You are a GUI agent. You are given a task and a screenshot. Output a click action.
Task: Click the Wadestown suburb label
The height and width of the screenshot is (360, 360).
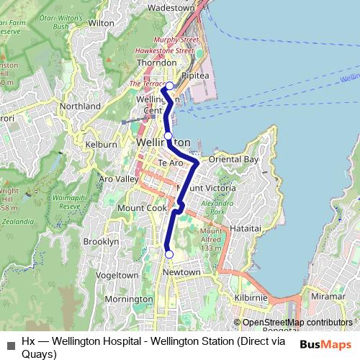pyautogui.click(x=171, y=7)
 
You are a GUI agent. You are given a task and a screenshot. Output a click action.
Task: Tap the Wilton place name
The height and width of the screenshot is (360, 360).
pyautogui.click(x=102, y=23)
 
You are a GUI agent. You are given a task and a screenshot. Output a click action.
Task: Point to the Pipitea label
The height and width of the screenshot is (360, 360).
pyautogui.click(x=194, y=74)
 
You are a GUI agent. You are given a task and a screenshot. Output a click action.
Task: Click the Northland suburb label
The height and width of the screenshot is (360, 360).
pyautogui.click(x=80, y=107)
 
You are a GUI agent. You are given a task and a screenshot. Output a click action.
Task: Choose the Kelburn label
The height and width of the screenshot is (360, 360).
pyautogui.click(x=101, y=145)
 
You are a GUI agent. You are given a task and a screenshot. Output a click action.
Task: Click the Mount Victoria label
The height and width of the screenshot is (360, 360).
pyautogui.click(x=206, y=189)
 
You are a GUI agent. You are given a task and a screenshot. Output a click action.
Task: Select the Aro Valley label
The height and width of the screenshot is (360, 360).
pyautogui.click(x=118, y=179)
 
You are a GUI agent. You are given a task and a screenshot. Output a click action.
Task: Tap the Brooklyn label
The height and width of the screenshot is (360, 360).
pyautogui.click(x=101, y=242)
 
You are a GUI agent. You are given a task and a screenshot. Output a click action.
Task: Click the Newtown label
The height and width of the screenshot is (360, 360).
pyautogui.click(x=181, y=272)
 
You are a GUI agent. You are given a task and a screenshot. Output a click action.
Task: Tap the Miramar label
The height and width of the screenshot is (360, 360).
pyautogui.click(x=328, y=297)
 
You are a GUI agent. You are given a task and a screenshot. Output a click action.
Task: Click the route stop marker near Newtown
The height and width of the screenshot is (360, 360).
pyautogui.click(x=169, y=254)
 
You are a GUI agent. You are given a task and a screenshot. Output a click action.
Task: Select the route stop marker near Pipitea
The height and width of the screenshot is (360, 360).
pyautogui.click(x=169, y=86)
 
